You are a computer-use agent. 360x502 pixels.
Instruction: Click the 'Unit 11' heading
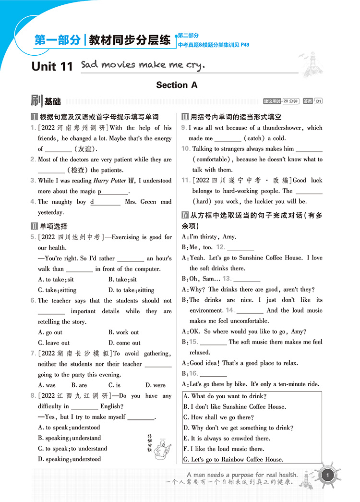[x=52, y=66]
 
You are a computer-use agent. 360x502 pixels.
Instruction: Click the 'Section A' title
[x=177, y=85]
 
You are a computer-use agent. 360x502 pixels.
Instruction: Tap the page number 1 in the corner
[x=327, y=476]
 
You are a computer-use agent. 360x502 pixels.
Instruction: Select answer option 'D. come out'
[x=124, y=343]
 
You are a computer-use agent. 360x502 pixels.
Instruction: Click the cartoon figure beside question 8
[x=156, y=445]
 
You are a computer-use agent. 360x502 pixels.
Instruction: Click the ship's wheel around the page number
[x=327, y=476]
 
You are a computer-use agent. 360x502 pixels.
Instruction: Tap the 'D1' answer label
[x=318, y=101]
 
